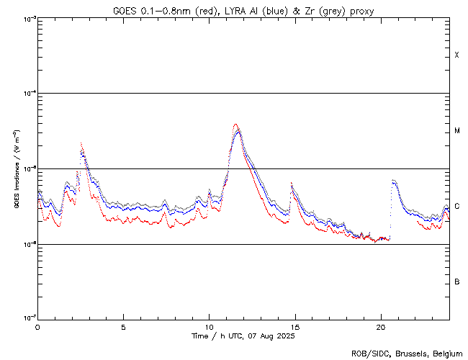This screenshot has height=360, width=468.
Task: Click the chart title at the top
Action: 243,11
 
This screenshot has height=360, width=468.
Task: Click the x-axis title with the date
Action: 243,336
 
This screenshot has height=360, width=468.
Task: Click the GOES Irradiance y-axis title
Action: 16,168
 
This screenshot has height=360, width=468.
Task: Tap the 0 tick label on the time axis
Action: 37,326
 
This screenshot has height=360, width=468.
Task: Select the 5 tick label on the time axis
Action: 123,326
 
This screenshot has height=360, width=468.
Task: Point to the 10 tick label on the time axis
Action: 209,326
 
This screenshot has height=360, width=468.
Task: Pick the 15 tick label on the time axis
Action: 294,326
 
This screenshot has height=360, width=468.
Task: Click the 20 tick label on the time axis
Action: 380,326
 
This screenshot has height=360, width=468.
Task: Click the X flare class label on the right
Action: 457,55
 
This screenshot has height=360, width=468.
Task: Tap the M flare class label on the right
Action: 457,131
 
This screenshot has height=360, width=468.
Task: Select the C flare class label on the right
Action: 457,207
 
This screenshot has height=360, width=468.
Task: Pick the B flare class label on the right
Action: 457,282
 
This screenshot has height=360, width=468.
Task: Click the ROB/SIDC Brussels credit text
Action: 405,353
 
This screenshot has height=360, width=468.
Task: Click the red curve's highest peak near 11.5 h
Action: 235,124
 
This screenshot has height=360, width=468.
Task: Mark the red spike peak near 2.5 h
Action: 81,143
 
